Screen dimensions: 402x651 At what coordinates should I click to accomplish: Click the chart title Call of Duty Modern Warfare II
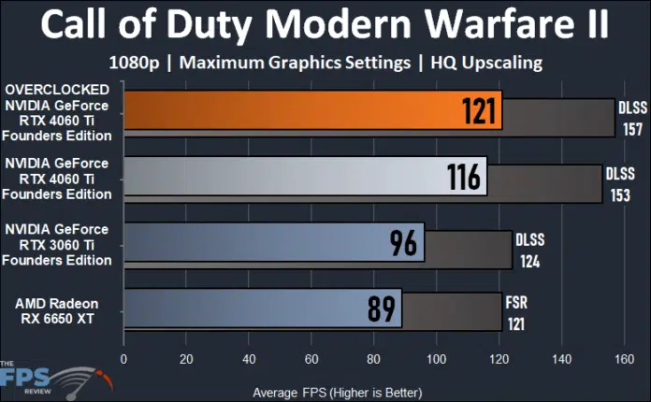(x=325, y=25)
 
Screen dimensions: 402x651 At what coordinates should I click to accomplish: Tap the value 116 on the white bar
(x=464, y=176)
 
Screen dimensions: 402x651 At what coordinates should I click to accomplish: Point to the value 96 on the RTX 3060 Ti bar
(x=403, y=243)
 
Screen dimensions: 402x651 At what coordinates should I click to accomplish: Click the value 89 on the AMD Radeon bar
(x=381, y=309)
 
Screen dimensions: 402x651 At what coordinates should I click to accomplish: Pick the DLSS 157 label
(x=632, y=119)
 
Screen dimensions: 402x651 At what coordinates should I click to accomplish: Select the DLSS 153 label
(x=619, y=184)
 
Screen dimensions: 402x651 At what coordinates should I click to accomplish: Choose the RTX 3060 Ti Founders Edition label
(x=58, y=243)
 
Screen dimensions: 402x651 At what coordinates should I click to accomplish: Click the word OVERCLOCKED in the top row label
(x=58, y=90)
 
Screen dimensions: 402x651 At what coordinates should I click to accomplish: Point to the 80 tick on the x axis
(x=374, y=358)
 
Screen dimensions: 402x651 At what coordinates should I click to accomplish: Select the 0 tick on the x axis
(x=123, y=358)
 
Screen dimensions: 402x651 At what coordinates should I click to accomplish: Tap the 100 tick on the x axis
(x=436, y=358)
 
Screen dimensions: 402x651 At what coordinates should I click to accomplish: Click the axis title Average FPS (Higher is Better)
(x=338, y=391)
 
